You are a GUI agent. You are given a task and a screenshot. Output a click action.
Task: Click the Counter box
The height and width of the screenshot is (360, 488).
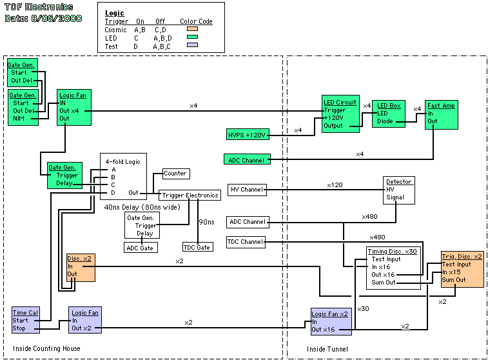tap(176, 174)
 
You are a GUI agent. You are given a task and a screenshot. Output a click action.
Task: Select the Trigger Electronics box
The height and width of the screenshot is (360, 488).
tap(190, 195)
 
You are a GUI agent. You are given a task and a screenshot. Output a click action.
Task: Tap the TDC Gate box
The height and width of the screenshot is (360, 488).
tap(198, 247)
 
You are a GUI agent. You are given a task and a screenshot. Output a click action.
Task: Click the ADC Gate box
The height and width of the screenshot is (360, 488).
tap(141, 248)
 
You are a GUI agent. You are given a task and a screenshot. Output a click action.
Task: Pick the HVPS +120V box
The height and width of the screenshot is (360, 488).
tap(248, 135)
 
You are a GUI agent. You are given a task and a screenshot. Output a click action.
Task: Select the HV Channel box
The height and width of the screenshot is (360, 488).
tap(247, 190)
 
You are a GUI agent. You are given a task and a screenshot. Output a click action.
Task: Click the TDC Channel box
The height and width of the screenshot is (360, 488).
tap(246, 242)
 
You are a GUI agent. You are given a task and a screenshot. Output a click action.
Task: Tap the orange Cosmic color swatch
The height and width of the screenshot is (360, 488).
tap(192, 29)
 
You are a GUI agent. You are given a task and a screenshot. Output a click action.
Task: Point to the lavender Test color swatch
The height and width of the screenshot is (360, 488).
tap(192, 45)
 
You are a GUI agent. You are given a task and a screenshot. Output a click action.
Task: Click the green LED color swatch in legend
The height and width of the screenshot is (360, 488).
tap(192, 37)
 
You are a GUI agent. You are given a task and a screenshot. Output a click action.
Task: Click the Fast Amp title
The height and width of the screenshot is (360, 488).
tap(441, 106)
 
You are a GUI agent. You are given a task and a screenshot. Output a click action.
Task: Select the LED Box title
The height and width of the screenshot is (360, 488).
tap(389, 106)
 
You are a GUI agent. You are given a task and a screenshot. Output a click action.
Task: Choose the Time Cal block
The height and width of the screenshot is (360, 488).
tap(26, 320)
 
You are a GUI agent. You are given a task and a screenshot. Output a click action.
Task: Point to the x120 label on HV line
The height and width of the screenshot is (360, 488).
tap(335, 185)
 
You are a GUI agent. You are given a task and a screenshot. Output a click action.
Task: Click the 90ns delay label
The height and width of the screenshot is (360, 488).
tap(207, 222)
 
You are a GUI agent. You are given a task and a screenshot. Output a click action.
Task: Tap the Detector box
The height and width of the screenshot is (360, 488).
tap(398, 190)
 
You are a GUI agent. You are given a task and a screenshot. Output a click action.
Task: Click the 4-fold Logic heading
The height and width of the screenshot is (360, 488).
tap(122, 162)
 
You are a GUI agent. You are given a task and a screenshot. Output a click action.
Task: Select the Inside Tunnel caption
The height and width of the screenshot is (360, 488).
tap(327, 349)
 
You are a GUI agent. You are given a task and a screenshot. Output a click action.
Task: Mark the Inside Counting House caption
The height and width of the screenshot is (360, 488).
tap(46, 348)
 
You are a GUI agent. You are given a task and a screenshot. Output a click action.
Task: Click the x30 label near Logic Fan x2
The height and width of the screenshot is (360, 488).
tap(363, 309)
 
